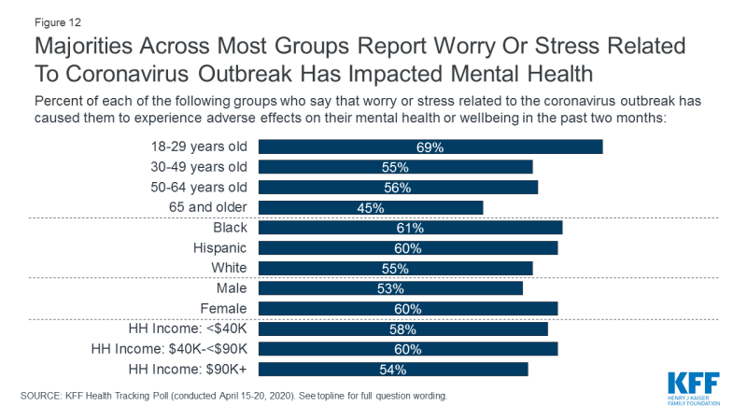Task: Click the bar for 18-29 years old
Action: click(x=430, y=147)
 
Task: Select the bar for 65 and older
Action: click(x=370, y=207)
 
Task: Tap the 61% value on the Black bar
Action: click(x=410, y=228)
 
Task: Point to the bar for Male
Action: click(x=390, y=288)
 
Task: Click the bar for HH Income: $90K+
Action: click(x=392, y=370)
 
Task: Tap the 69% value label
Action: click(x=430, y=147)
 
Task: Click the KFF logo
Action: click(x=694, y=386)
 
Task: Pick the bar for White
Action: click(x=395, y=268)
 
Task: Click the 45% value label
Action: click(x=371, y=207)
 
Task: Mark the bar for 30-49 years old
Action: click(x=395, y=167)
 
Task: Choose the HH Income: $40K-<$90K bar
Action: click(x=407, y=349)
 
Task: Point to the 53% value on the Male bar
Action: click(x=390, y=288)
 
